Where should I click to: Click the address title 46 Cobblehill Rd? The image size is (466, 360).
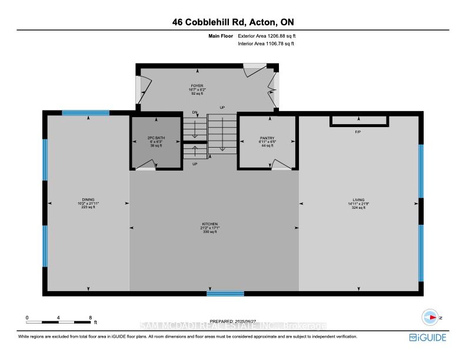[233, 22]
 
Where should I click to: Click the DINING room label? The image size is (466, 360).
[88, 199]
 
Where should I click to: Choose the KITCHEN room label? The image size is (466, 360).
[210, 224]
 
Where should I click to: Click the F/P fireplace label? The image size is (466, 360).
[358, 132]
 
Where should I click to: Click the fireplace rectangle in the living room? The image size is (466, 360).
[359, 121]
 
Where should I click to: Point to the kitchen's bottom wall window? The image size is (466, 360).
[225, 293]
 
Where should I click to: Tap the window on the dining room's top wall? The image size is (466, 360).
[86, 113]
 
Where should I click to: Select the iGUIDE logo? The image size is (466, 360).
[428, 337]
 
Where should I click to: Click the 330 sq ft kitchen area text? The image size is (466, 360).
[210, 232]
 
